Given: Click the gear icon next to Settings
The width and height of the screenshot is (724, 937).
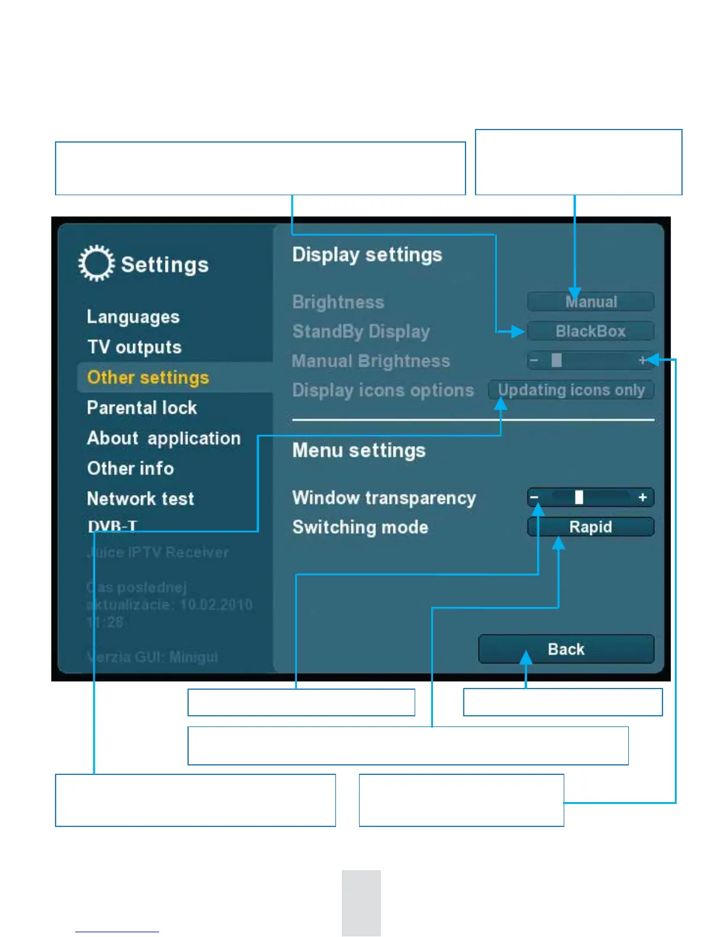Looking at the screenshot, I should tap(96, 263).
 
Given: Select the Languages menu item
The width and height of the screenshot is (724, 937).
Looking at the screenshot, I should tap(133, 317).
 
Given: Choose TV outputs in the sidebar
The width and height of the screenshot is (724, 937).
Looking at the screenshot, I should tap(134, 347).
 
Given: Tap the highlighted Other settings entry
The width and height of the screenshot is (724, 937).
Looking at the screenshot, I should tap(148, 377).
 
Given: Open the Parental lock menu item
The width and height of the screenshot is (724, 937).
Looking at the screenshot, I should tap(142, 408).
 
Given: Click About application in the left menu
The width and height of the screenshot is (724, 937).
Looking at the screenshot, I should tap(164, 438).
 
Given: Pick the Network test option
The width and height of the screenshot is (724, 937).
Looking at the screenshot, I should tap(140, 499).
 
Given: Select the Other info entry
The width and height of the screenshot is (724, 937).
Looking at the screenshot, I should tap(130, 469).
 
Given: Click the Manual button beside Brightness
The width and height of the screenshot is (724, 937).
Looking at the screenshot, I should tap(590, 302).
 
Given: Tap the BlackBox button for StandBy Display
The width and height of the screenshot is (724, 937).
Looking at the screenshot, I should tap(590, 331).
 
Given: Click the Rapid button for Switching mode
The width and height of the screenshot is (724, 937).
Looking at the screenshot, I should tap(590, 527).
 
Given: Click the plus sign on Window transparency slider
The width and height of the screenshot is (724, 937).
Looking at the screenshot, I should tap(643, 497).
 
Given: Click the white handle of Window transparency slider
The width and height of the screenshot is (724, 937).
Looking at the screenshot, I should tap(579, 497).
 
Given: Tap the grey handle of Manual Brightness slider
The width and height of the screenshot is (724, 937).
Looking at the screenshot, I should tap(557, 360).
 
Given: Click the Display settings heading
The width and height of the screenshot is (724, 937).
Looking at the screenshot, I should tap(367, 255).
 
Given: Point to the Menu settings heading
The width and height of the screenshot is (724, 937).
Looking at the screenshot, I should tap(358, 451).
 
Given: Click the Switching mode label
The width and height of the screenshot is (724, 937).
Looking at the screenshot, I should tap(360, 527).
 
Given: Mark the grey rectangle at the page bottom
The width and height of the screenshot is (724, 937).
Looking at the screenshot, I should tap(361, 903).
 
